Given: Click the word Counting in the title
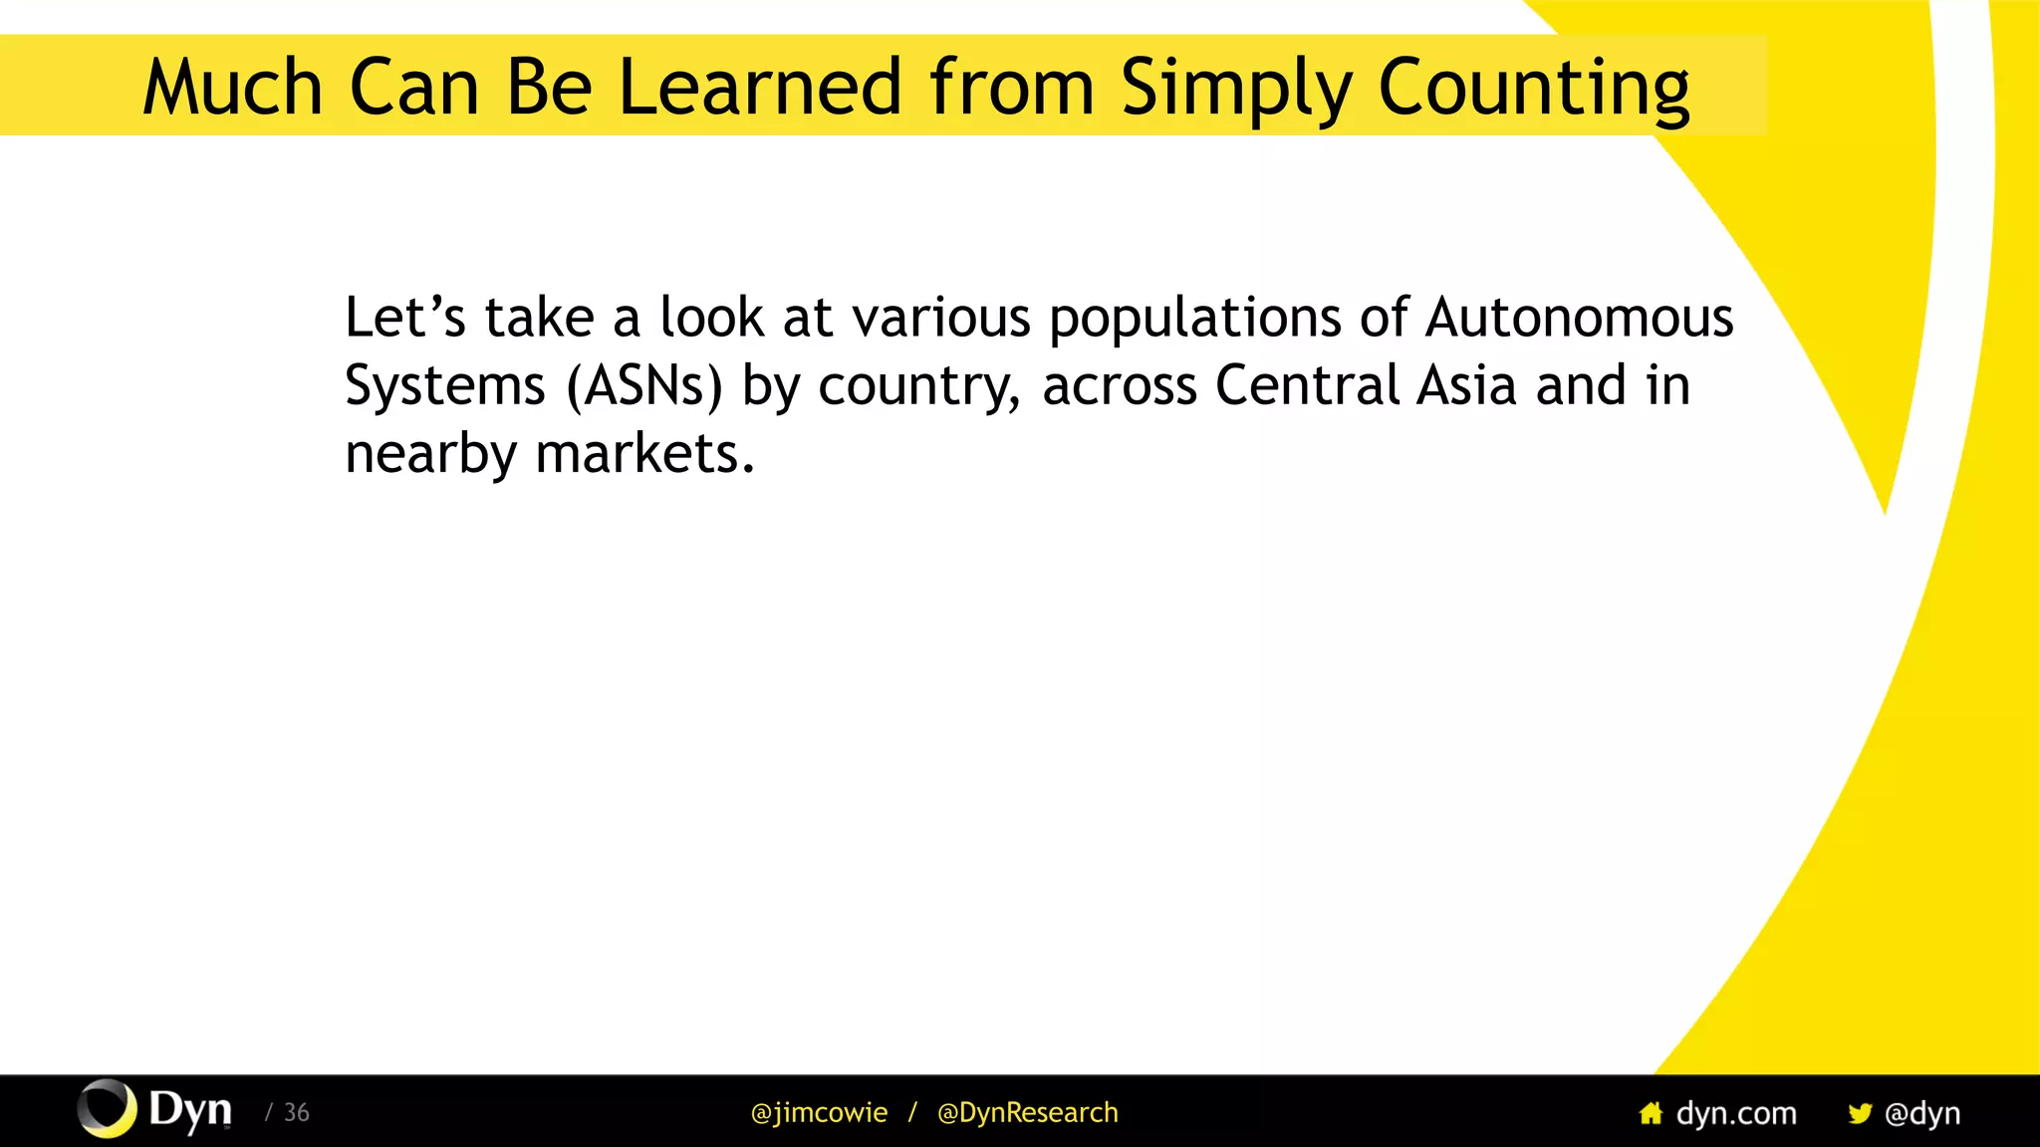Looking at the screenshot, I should pos(1533,88).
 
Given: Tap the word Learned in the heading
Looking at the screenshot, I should pos(760,88).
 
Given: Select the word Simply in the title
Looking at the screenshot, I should pos(1235,88).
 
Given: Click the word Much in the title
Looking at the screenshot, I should pos(232,88).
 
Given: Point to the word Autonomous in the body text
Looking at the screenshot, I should pos(1579,318).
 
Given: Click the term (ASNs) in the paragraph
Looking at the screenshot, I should pos(644,386).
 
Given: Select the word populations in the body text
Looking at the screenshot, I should pos(1194,320).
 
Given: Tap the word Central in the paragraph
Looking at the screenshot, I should pos(1308,385).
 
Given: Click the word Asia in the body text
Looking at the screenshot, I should pos(1466,385).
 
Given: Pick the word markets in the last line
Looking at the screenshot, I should pos(644,454).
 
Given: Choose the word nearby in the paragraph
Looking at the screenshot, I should pos(430,454).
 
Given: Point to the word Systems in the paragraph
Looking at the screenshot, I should pos(445,386).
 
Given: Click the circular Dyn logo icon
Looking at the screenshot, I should pos(107,1108).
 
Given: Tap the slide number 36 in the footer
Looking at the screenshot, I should pos(296,1112).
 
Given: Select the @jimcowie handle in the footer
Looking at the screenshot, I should pos(819,1112).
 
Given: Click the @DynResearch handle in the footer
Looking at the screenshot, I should pos(1027,1112).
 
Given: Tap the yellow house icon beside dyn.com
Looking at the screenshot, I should pos(1651,1112).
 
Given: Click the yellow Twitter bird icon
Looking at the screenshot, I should pos(1859,1112).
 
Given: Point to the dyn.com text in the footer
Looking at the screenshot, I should pos(1736,1112).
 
